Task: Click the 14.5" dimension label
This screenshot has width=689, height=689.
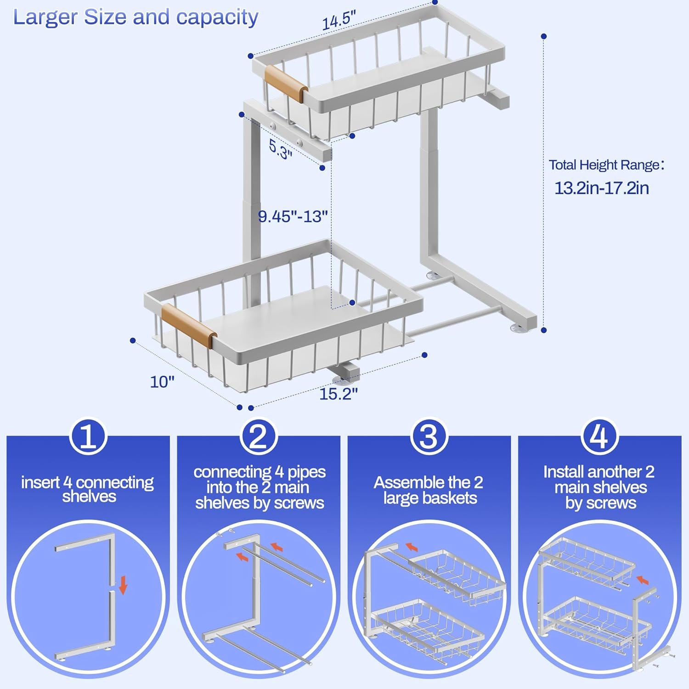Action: pyautogui.click(x=339, y=21)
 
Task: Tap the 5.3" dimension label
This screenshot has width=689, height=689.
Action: pyautogui.click(x=280, y=149)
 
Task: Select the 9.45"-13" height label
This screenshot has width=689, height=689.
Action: pyautogui.click(x=293, y=216)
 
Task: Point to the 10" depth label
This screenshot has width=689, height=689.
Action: pyautogui.click(x=162, y=382)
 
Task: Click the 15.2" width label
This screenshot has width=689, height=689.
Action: pyautogui.click(x=338, y=394)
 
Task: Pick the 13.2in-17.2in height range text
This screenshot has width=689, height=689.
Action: pyautogui.click(x=601, y=188)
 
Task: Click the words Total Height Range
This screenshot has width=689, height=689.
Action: pyautogui.click(x=604, y=165)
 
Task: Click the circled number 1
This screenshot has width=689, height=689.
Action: pyautogui.click(x=88, y=437)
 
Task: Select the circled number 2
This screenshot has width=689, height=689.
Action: pyautogui.click(x=259, y=437)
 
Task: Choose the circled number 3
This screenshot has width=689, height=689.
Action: pyautogui.click(x=429, y=437)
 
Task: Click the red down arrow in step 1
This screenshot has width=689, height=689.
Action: pyautogui.click(x=123, y=586)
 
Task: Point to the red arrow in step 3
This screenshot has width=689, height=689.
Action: pyautogui.click(x=412, y=547)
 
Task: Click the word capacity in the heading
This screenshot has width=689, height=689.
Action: pyautogui.click(x=217, y=18)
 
